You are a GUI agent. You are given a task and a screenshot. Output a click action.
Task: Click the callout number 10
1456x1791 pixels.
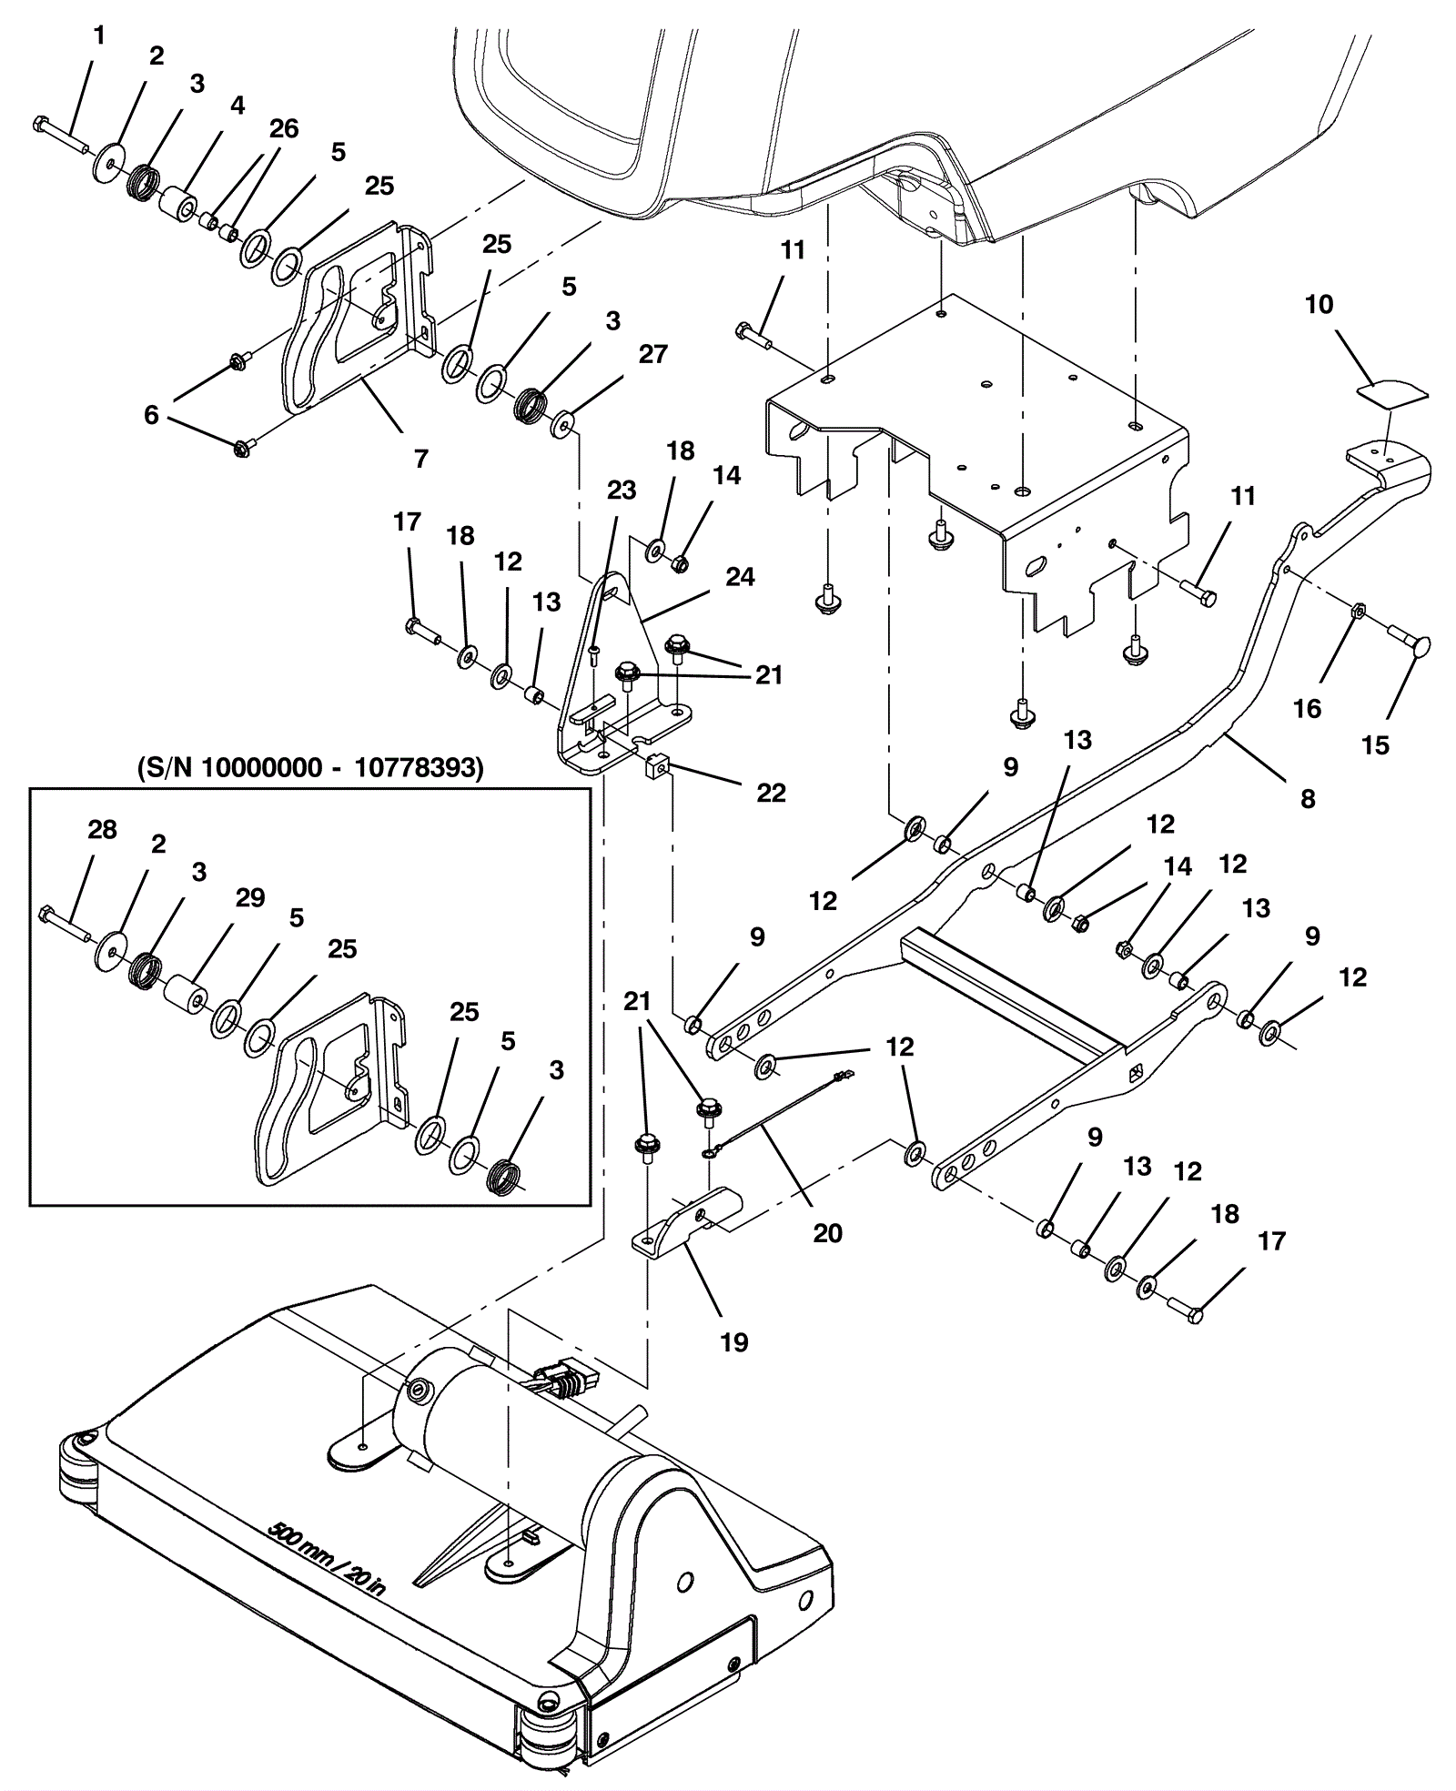coord(1319,304)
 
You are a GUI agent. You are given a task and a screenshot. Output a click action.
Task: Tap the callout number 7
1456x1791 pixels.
coord(420,459)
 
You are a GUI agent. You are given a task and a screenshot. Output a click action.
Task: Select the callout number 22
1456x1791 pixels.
coord(771,793)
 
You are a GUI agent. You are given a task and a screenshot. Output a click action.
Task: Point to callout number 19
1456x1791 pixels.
coord(733,1341)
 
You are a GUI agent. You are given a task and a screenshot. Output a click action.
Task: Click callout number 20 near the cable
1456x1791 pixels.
coord(827,1233)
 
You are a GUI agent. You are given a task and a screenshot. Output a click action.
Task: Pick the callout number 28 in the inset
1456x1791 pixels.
coord(102,829)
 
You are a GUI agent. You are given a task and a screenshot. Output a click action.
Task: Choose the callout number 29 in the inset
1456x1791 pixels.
coord(250,897)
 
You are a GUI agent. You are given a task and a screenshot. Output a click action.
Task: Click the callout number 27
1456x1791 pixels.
coord(653,354)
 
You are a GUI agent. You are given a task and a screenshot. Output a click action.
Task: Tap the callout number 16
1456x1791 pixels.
coord(1307,708)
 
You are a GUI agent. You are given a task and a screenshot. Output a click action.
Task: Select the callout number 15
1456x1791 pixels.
coord(1375,745)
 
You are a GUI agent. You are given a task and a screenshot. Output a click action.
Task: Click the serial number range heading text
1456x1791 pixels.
coord(310,768)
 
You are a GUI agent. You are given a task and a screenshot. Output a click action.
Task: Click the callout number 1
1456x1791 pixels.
coord(99,35)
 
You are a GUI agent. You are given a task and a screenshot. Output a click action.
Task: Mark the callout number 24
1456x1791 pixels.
coord(740,577)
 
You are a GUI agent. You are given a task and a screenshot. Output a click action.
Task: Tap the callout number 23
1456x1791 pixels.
coord(622,490)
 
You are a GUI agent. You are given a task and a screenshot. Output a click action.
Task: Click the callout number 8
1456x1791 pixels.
coord(1308,799)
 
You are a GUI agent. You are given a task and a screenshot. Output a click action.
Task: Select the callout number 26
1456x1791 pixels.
coord(284,128)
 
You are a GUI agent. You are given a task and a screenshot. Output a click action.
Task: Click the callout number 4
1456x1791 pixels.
coord(238,106)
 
